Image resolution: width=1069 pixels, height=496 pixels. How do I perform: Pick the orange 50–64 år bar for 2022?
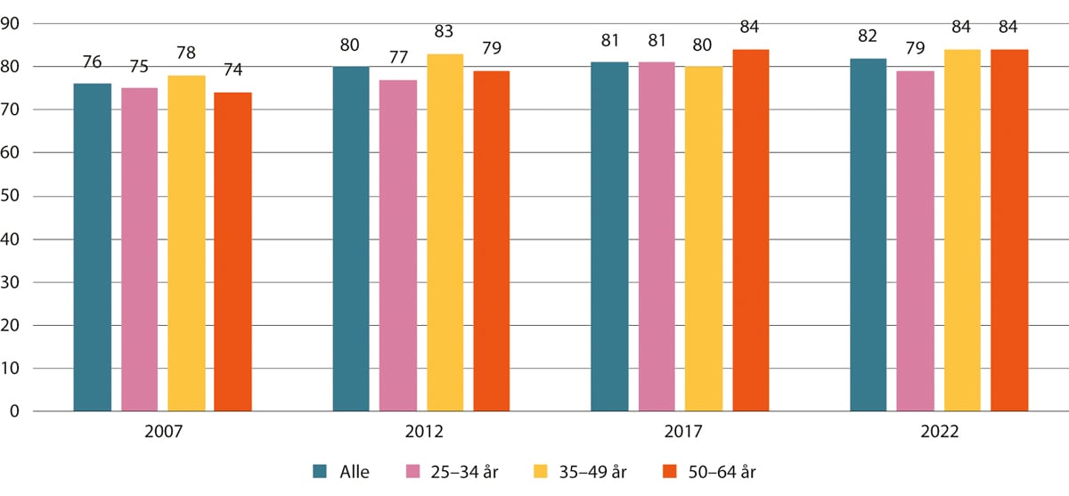click(x=1009, y=231)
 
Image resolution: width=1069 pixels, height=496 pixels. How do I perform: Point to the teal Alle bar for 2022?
click(x=869, y=235)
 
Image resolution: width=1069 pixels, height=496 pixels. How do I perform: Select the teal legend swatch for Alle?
click(x=322, y=472)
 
